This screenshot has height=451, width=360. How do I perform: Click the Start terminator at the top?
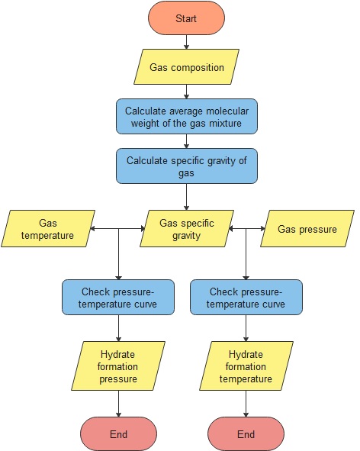pyautogui.click(x=187, y=18)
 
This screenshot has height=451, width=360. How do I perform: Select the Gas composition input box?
pyautogui.click(x=187, y=67)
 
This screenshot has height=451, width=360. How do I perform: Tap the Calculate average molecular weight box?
pyautogui.click(x=187, y=116)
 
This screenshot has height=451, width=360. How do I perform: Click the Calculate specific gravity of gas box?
pyautogui.click(x=187, y=166)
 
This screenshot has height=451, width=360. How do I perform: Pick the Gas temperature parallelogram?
pyautogui.click(x=47, y=229)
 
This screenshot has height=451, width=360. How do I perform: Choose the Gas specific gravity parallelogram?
pyautogui.click(x=187, y=229)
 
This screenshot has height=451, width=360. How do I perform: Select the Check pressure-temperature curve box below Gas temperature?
pyautogui.click(x=119, y=298)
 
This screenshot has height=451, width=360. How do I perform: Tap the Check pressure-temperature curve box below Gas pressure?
pyautogui.click(x=246, y=298)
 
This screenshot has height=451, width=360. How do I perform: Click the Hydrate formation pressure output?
pyautogui.click(x=119, y=367)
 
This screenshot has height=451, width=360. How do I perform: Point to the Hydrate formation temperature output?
pyautogui.click(x=246, y=367)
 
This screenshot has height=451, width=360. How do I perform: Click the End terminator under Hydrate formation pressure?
pyautogui.click(x=119, y=434)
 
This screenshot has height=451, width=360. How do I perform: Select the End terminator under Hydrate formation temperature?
pyautogui.click(x=246, y=434)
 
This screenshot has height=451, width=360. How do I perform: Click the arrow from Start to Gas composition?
pyautogui.click(x=187, y=42)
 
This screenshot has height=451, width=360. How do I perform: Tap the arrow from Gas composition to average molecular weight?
pyautogui.click(x=187, y=92)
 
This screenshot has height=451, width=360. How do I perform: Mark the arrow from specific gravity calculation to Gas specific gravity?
pyautogui.click(x=187, y=197)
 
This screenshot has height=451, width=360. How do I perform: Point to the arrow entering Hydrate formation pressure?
pyautogui.click(x=119, y=329)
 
